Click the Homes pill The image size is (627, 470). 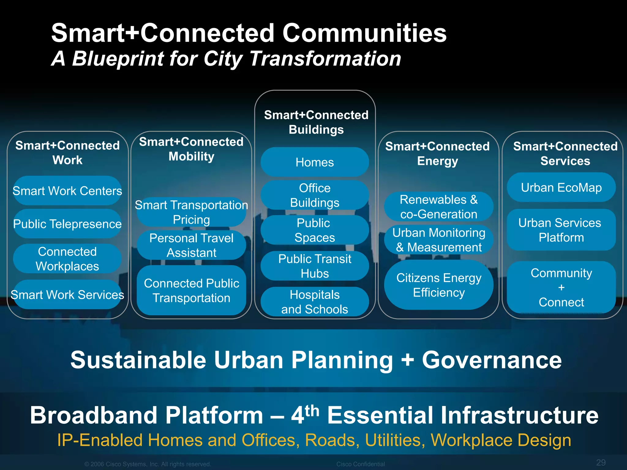click(314, 162)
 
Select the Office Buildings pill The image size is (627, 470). click(314, 195)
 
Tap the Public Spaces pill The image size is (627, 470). click(314, 230)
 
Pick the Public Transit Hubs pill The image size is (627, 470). click(314, 266)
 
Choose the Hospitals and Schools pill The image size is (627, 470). click(314, 302)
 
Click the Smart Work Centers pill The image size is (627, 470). click(67, 191)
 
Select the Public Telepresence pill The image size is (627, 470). click(67, 224)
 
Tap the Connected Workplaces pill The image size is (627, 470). click(67, 259)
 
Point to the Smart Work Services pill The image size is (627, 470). click(67, 295)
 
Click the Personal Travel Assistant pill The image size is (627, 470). click(191, 245)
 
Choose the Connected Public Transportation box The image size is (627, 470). click(191, 290)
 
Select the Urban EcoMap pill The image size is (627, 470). click(561, 187)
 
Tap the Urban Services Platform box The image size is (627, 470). click(561, 230)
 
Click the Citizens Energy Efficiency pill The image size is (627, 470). click(439, 285)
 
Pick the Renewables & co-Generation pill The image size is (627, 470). click(439, 207)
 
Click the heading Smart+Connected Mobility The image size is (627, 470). click(191, 149)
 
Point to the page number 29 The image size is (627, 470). click(601, 462)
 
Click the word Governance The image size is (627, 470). click(492, 360)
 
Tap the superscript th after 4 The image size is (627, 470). click(312, 410)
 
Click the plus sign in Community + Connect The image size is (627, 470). click(561, 288)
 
